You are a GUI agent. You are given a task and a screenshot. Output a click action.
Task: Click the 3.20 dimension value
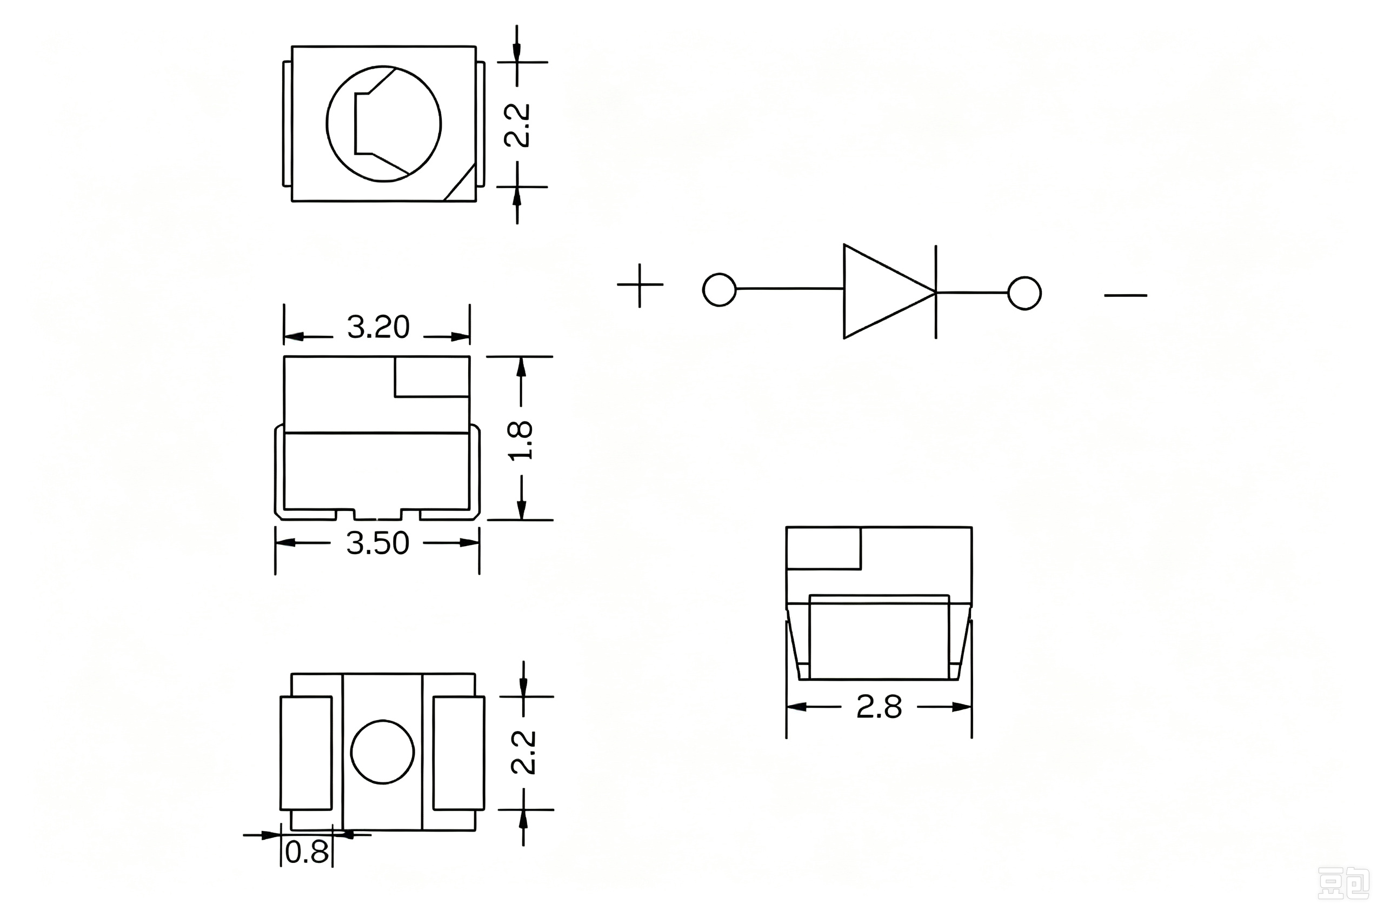pyautogui.click(x=378, y=327)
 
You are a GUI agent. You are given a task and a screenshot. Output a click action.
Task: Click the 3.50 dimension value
pyautogui.click(x=378, y=543)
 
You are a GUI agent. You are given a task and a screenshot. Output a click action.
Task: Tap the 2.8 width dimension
pyautogui.click(x=879, y=707)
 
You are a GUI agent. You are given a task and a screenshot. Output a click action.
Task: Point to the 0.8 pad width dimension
pyautogui.click(x=307, y=853)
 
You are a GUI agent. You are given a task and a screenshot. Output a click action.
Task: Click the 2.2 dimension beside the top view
pyautogui.click(x=517, y=125)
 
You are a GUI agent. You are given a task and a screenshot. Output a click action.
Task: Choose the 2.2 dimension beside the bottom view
pyautogui.click(x=523, y=752)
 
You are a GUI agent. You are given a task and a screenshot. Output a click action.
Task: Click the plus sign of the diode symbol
pyautogui.click(x=640, y=285)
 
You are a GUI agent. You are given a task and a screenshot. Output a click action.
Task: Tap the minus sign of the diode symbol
pyautogui.click(x=1126, y=295)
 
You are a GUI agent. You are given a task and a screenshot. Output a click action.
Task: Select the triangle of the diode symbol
pyautogui.click(x=889, y=291)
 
